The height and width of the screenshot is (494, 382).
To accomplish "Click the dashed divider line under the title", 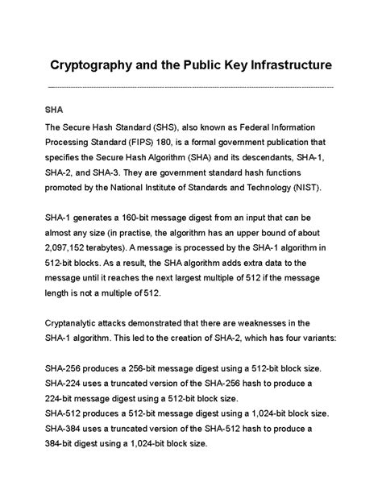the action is (x=191, y=86).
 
